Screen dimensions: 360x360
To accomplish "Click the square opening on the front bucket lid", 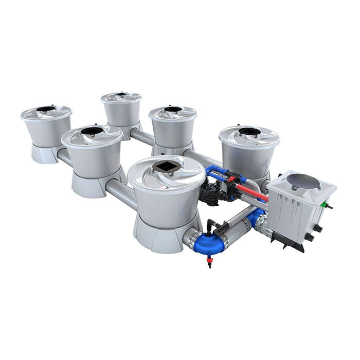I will (167, 167).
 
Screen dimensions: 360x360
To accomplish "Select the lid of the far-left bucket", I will (46, 112).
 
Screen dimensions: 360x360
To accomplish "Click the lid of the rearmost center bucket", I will (121, 97).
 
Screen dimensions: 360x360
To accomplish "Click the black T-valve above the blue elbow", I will (210, 225).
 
